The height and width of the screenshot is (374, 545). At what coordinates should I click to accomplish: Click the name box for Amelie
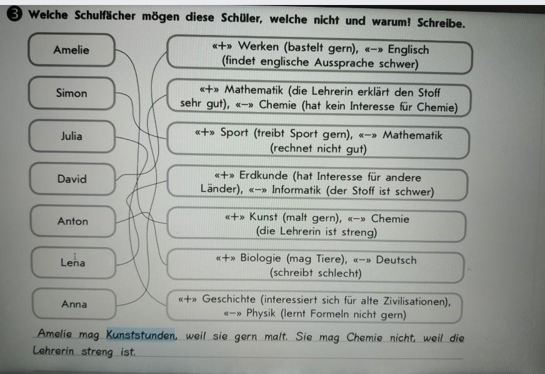click(72, 50)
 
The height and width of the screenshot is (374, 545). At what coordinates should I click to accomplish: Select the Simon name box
click(72, 93)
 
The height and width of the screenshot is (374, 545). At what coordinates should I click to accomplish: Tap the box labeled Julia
click(72, 136)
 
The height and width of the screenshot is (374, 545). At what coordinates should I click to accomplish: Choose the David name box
click(72, 179)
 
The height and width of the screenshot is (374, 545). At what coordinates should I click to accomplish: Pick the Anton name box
click(73, 221)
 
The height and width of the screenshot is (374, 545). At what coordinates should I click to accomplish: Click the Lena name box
click(73, 262)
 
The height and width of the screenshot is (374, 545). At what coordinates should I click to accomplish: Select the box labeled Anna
click(74, 304)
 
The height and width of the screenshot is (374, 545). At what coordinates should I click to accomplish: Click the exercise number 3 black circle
click(14, 14)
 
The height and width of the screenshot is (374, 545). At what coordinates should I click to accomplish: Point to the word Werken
click(258, 46)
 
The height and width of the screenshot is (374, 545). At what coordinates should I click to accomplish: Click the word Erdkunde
click(263, 175)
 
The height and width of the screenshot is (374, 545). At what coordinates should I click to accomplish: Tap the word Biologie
click(261, 258)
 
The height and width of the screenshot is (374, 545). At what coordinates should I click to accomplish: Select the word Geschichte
click(229, 299)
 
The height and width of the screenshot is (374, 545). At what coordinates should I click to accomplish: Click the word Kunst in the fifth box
click(264, 217)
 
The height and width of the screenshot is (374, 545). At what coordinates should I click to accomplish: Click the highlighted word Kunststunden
click(141, 335)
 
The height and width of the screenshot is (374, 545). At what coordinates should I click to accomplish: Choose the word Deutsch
click(396, 260)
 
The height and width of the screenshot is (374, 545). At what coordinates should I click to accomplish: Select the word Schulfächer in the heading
click(104, 15)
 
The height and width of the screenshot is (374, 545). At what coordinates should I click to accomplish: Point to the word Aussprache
click(344, 63)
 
